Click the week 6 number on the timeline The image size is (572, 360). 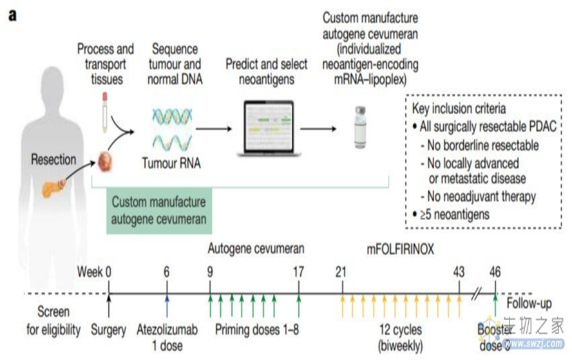pyautogui.click(x=166, y=271)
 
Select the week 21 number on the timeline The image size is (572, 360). pyautogui.click(x=341, y=271)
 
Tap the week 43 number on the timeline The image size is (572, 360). pyautogui.click(x=459, y=271)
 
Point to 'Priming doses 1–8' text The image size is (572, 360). pyautogui.click(x=256, y=330)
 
